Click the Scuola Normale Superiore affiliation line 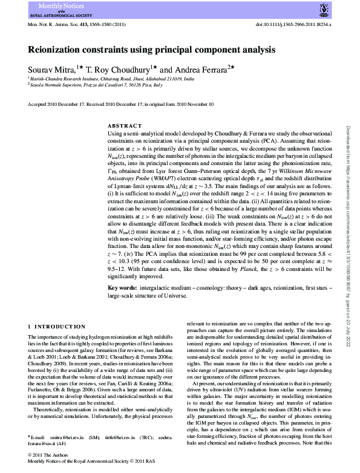click(x=97, y=85)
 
